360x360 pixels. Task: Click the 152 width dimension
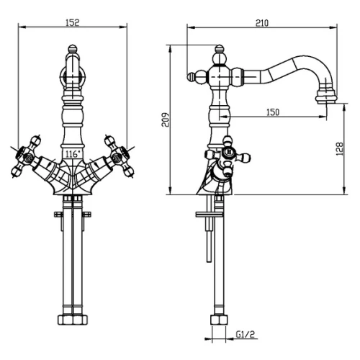72,22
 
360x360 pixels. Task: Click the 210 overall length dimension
262,23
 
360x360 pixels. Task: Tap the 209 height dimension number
165,120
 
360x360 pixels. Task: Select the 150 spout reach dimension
273,112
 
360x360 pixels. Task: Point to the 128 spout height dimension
339,149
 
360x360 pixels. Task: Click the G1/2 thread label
245,334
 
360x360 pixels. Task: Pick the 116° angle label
73,154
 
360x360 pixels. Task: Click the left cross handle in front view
26,156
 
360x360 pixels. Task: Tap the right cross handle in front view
120,156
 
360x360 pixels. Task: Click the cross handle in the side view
228,156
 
